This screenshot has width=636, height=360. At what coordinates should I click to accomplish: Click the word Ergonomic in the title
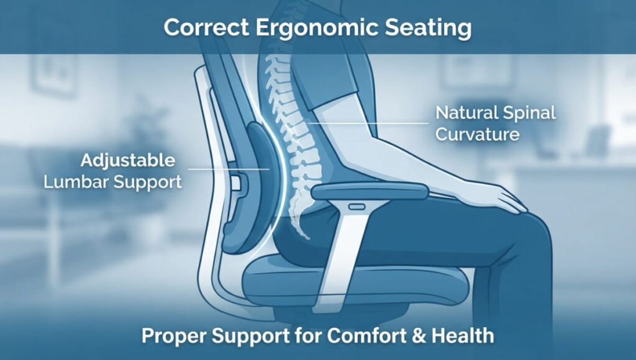pyautogui.click(x=317, y=28)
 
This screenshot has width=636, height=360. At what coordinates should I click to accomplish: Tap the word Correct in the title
pyautogui.click(x=206, y=27)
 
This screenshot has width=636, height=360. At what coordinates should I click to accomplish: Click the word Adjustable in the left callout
pyautogui.click(x=128, y=161)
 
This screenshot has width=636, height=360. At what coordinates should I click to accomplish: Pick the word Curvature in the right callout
pyautogui.click(x=478, y=134)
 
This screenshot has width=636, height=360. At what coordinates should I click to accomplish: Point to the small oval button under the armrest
pyautogui.click(x=357, y=207)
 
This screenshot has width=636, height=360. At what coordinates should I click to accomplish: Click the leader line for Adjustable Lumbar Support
pyautogui.click(x=229, y=169)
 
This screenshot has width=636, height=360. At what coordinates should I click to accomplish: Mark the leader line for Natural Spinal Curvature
pyautogui.click(x=368, y=123)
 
